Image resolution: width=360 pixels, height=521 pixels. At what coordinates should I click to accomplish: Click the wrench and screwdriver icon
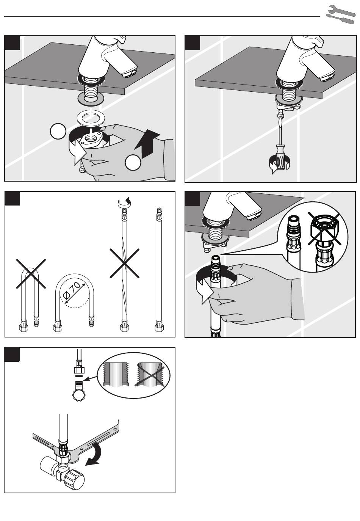[341, 14]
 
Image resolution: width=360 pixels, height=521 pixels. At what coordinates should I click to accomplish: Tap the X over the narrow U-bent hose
[31, 273]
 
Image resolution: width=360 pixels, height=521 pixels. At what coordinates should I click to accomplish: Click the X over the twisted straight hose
[125, 263]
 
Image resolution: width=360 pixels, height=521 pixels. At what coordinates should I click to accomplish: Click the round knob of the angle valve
[75, 476]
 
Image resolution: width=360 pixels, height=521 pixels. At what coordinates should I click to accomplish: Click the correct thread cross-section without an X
[116, 374]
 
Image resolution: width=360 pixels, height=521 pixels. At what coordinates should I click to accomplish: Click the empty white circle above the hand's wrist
[133, 163]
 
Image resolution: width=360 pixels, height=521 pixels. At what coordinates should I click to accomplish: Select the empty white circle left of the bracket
[58, 131]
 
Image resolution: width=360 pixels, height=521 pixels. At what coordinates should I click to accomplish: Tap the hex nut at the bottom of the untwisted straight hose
[159, 328]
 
